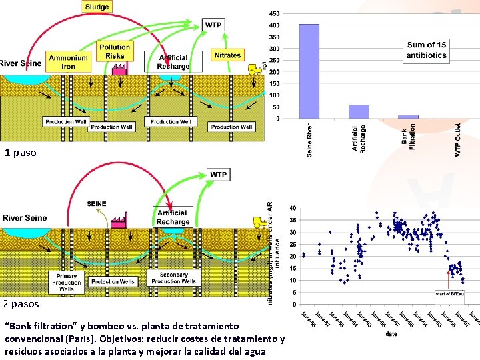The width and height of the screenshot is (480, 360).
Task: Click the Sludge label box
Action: click(x=97, y=7)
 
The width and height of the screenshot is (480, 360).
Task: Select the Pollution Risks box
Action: click(x=115, y=51)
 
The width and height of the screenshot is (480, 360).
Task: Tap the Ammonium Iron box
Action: click(x=69, y=63)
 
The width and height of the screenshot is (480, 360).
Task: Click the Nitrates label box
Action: click(x=227, y=55)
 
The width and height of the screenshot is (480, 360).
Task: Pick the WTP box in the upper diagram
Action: click(x=213, y=25)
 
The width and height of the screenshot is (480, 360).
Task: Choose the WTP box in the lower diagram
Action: click(x=218, y=175)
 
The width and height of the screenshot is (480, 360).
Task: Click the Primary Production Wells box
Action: click(x=67, y=282)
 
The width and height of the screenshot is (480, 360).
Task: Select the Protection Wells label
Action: click(x=112, y=281)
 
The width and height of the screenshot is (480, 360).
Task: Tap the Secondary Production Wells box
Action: click(x=174, y=278)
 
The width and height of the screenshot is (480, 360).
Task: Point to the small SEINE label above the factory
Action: click(x=97, y=203)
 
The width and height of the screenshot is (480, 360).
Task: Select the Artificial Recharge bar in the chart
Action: click(x=359, y=111)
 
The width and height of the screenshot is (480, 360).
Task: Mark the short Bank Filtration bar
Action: click(x=408, y=117)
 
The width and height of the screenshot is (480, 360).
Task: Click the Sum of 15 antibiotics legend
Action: click(x=426, y=50)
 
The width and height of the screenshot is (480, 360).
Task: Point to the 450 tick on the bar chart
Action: click(x=274, y=13)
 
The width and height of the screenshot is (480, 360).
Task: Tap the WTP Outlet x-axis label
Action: click(x=458, y=139)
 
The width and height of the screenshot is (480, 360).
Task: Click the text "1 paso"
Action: click(x=20, y=153)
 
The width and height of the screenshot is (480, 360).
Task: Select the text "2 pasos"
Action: click(x=21, y=304)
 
